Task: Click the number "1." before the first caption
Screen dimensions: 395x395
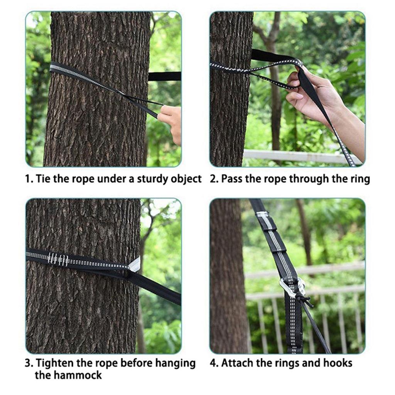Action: point(29,179)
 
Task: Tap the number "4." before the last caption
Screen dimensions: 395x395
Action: point(215,363)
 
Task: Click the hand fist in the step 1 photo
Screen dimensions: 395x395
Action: point(170,123)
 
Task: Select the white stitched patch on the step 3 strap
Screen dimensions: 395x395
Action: point(58,259)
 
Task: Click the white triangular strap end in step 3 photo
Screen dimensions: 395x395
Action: point(135,264)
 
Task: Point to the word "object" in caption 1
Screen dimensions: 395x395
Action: point(186,179)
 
